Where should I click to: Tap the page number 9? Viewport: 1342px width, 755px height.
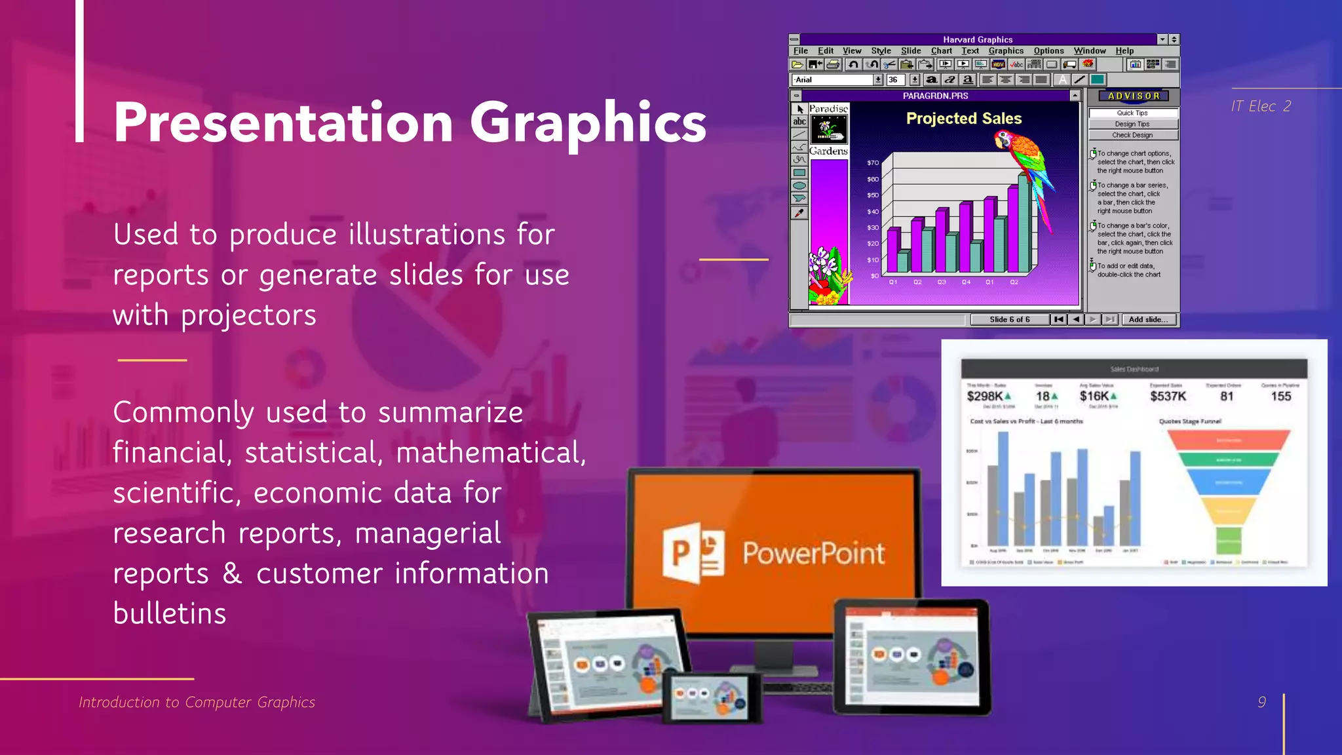[x=1261, y=702]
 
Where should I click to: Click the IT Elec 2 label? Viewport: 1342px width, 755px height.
[x=1260, y=106]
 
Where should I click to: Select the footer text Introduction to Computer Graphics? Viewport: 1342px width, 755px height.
[x=197, y=702]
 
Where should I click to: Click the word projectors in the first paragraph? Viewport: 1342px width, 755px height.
[x=248, y=315]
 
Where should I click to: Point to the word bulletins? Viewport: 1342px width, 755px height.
[x=170, y=613]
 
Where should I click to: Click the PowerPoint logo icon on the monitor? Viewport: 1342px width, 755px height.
[x=693, y=554]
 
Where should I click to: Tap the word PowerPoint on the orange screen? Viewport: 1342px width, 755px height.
[x=813, y=554]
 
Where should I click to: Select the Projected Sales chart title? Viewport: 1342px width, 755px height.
[x=964, y=119]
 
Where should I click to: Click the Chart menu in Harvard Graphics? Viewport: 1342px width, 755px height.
[x=941, y=50]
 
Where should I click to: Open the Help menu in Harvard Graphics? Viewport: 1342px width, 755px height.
[x=1124, y=50]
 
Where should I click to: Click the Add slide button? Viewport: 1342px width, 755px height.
[x=1148, y=319]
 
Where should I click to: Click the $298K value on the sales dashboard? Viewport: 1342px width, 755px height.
[x=984, y=397]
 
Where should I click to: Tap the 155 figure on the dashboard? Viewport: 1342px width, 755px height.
[x=1280, y=397]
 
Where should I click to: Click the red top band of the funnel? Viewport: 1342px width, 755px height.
[x=1229, y=440]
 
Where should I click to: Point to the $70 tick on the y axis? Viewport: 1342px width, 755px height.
[x=873, y=163]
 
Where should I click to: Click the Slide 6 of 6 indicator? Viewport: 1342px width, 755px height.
[x=1009, y=319]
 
